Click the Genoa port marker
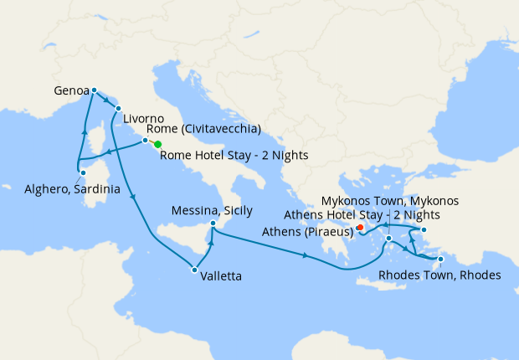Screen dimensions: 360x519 pyautogui.click(x=94, y=90)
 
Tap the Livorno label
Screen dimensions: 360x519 pyautogui.click(x=149, y=119)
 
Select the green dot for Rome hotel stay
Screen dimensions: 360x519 pyautogui.click(x=158, y=145)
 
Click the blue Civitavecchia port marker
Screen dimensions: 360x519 pyautogui.click(x=145, y=141)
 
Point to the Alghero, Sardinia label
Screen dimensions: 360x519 pyautogui.click(x=71, y=189)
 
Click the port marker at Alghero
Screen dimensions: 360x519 pyautogui.click(x=82, y=173)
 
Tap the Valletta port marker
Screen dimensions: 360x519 pyautogui.click(x=194, y=270)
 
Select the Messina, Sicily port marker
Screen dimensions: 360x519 pyautogui.click(x=213, y=224)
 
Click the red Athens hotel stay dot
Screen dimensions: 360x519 pyautogui.click(x=360, y=227)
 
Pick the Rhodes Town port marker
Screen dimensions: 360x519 pyautogui.click(x=440, y=260)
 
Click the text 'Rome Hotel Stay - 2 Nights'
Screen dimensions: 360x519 pyautogui.click(x=234, y=155)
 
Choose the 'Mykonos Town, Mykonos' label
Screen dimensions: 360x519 pyautogui.click(x=390, y=202)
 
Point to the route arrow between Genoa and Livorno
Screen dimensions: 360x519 pyautogui.click(x=108, y=100)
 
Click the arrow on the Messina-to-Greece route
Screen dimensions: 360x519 pyautogui.click(x=305, y=255)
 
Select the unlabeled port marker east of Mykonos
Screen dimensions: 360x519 pyautogui.click(x=424, y=230)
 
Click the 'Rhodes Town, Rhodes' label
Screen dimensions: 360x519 pyautogui.click(x=439, y=275)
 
